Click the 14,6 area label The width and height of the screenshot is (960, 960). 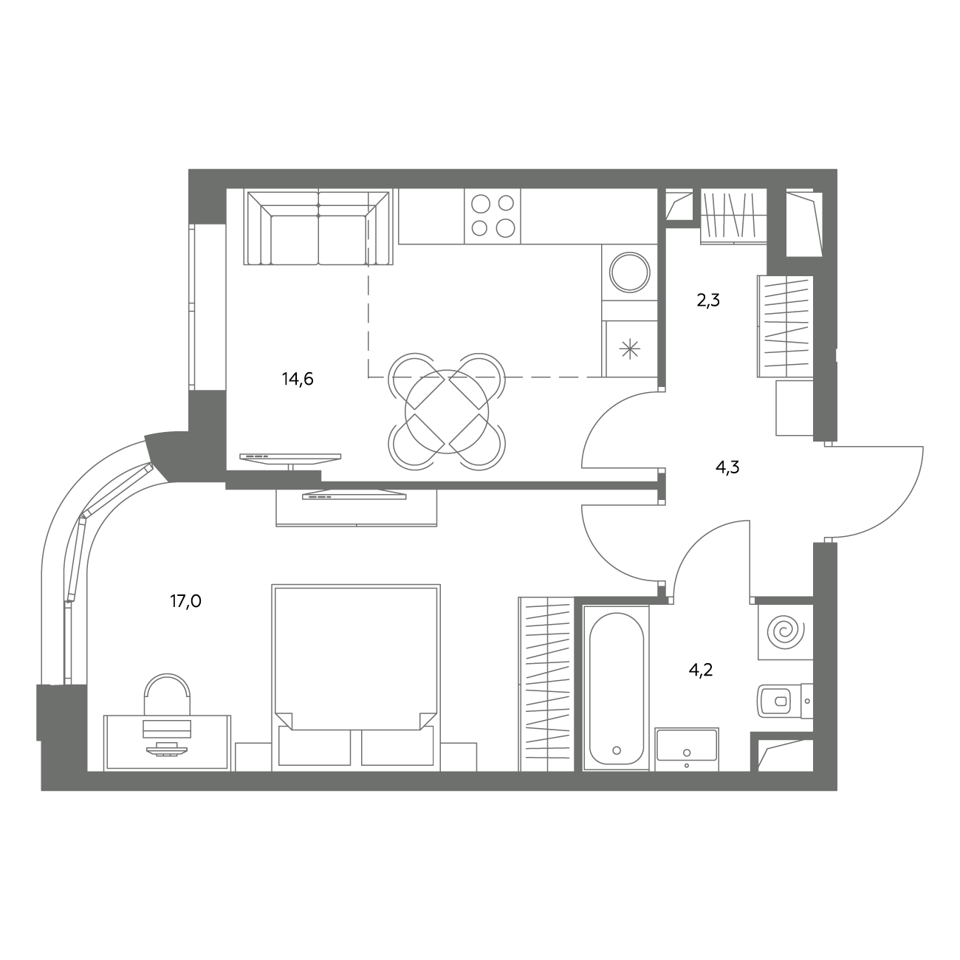click(298, 380)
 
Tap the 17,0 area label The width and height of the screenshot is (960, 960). click(185, 602)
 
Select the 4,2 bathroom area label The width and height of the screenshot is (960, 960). click(701, 670)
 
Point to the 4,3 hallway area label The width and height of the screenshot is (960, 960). click(727, 467)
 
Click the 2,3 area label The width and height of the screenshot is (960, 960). click(708, 301)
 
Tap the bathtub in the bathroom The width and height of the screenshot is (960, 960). click(617, 688)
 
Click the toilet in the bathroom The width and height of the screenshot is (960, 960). click(785, 701)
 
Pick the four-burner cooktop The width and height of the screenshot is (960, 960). click(493, 216)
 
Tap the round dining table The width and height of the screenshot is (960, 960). click(447, 411)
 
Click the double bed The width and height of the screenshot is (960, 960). click(356, 677)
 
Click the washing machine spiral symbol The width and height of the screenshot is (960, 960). click(786, 632)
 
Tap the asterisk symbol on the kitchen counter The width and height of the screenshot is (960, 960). click(630, 349)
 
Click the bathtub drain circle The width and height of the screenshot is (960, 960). click(617, 750)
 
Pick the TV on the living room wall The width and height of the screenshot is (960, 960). click(290, 459)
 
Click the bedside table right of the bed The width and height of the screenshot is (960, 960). click(459, 757)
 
